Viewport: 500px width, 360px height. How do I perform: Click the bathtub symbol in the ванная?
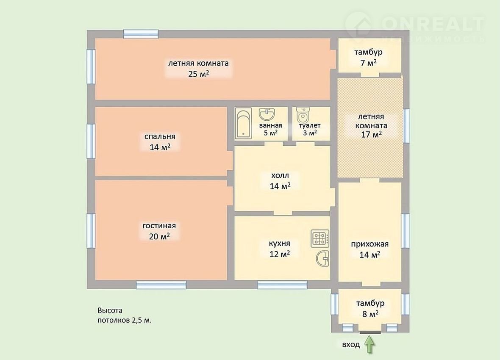pyautogui.click(x=243, y=124)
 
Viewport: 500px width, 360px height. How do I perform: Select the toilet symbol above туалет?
pyautogui.click(x=302, y=115)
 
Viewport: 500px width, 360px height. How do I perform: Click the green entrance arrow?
pyautogui.click(x=369, y=345)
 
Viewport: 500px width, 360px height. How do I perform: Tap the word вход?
pyautogui.click(x=351, y=345)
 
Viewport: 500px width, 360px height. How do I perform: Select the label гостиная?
pyautogui.click(x=159, y=226)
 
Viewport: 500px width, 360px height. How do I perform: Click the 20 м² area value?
pyautogui.click(x=159, y=236)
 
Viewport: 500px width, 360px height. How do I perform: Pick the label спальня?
pyautogui.click(x=160, y=136)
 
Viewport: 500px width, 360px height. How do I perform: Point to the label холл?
pyautogui.click(x=280, y=175)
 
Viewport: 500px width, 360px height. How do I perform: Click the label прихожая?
pyautogui.click(x=369, y=244)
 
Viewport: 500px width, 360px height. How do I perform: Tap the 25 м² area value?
pyautogui.click(x=199, y=74)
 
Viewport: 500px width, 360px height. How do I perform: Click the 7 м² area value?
pyautogui.click(x=368, y=63)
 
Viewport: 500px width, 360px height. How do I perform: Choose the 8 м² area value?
pyautogui.click(x=370, y=314)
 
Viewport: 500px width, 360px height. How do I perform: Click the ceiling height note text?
pyautogui.click(x=124, y=315)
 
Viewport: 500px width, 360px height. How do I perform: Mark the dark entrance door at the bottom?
pyautogui.click(x=370, y=332)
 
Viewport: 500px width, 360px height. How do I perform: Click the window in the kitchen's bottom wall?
pyautogui.click(x=282, y=285)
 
